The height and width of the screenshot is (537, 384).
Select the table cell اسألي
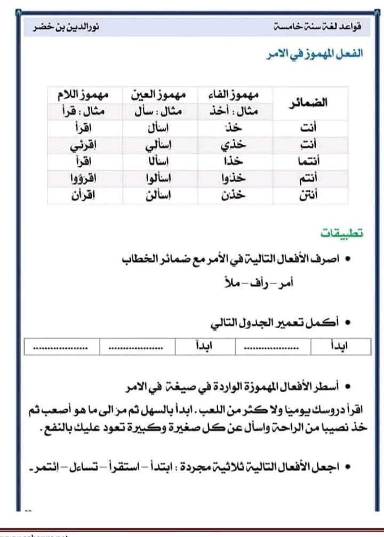coord(159,144)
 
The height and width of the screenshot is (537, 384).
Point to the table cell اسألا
coord(159,161)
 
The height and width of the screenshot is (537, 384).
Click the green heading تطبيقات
coord(342,233)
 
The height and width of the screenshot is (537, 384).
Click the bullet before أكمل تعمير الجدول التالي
coord(348,323)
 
